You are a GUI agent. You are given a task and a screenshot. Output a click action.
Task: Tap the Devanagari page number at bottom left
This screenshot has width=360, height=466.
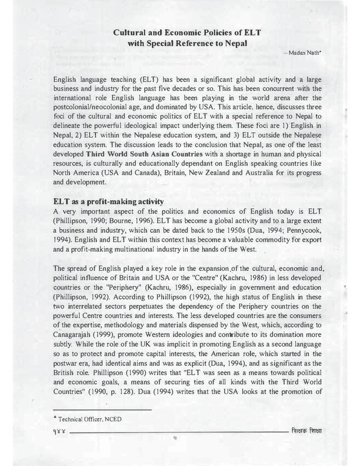pyautogui.click(x=60, y=432)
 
